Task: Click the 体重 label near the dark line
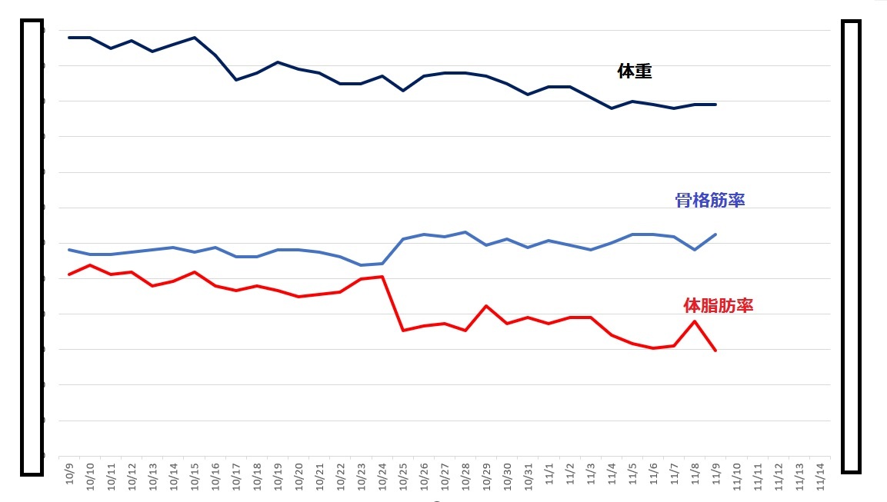635,71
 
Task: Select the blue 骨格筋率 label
709,201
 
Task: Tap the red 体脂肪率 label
718,305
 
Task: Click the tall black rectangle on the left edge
32,247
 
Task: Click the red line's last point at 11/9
716,351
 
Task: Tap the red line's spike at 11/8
695,321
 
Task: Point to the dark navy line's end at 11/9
716,105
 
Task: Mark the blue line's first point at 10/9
69,250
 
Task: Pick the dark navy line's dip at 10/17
236,80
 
